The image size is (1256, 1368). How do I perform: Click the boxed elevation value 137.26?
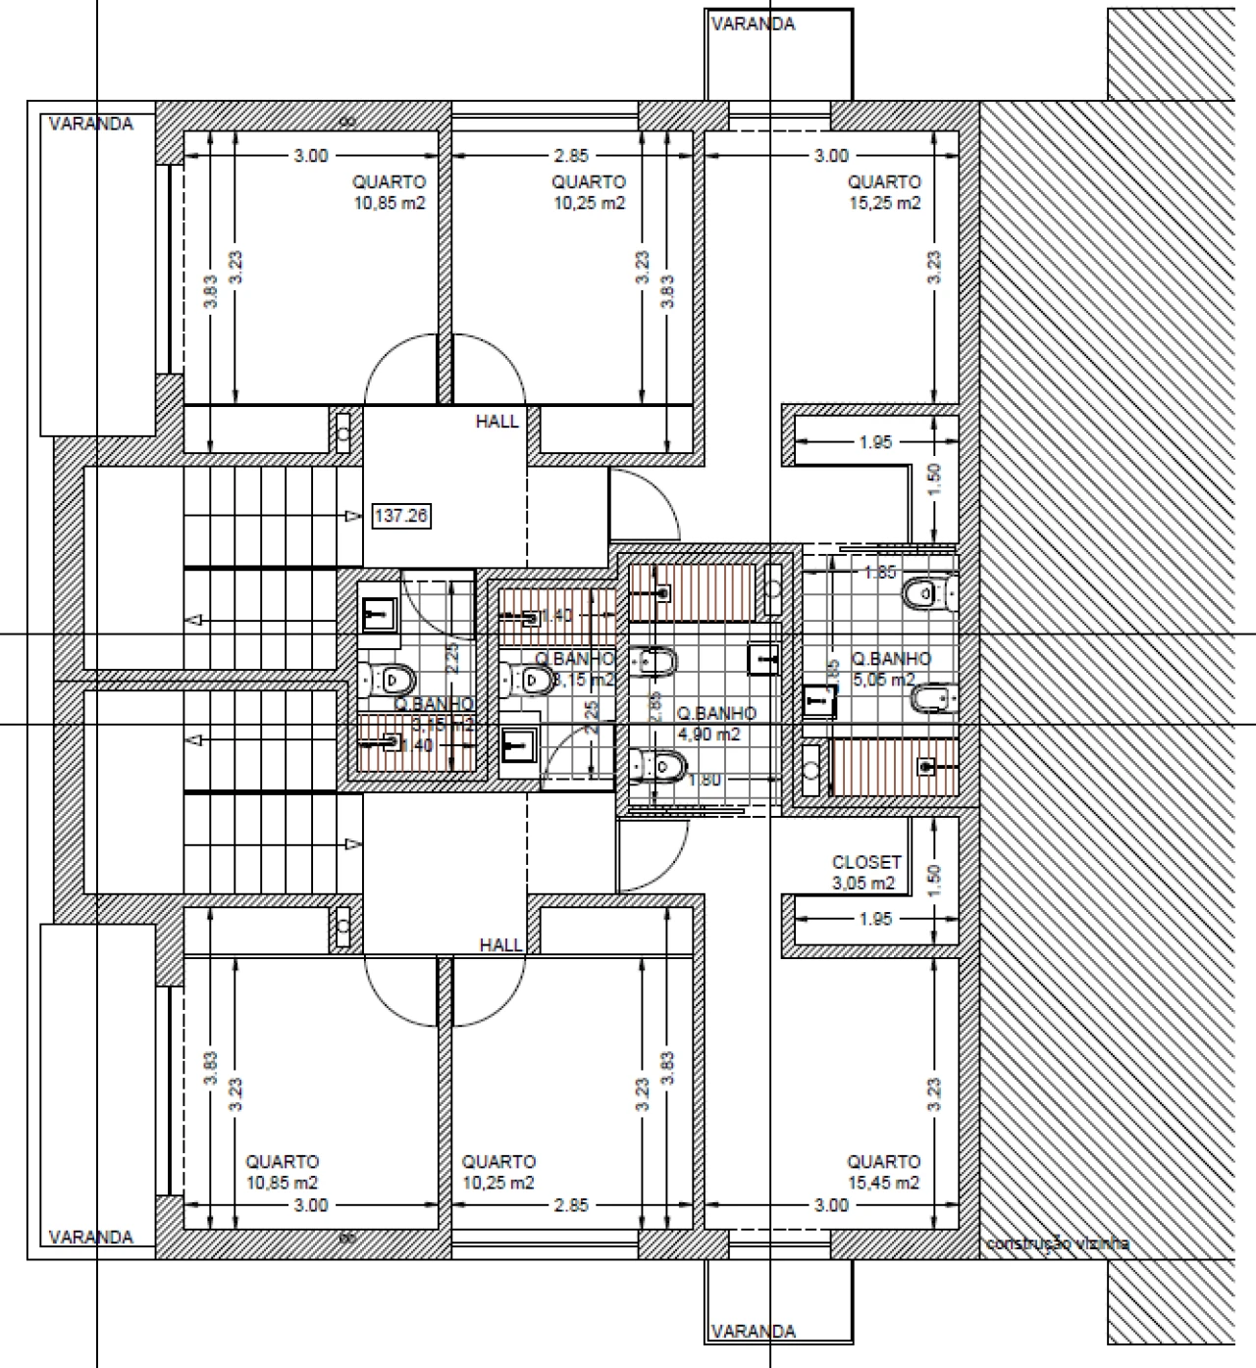[x=401, y=515]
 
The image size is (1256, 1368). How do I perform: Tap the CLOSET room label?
[x=866, y=863]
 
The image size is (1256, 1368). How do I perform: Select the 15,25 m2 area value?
[x=884, y=203]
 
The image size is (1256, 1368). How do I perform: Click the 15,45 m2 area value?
[x=884, y=1183]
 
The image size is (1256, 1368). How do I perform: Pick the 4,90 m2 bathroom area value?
[x=708, y=734]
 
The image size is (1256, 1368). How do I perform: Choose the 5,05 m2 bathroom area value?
[x=883, y=680]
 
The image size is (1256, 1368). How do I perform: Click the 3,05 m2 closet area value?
[x=863, y=883]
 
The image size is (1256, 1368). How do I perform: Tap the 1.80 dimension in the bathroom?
[x=706, y=781]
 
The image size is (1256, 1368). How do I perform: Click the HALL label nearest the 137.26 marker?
[x=497, y=422]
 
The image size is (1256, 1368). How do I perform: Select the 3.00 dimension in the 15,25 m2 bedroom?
[x=831, y=155]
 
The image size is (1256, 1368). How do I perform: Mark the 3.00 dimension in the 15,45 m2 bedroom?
[x=831, y=1204]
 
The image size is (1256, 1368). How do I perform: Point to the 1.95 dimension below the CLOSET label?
[x=875, y=919]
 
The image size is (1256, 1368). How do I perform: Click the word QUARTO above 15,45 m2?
[x=884, y=1162]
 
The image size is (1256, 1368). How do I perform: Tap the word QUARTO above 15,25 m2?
[x=884, y=181]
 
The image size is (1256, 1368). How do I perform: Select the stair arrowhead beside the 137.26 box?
[x=352, y=515]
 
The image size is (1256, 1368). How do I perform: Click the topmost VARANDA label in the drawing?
[x=754, y=24]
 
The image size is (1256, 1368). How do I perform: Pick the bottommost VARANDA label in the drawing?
[x=754, y=1331]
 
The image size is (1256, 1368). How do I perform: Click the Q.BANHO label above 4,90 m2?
[x=716, y=714]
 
